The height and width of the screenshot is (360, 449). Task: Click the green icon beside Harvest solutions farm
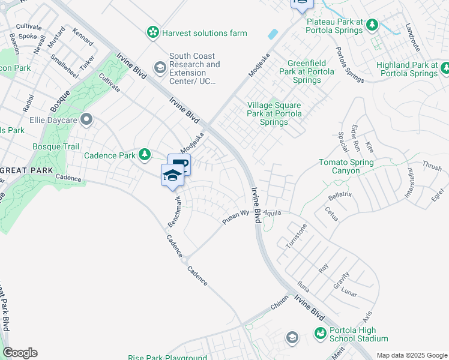pos(154,32)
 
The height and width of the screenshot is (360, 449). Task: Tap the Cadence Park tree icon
pos(144,155)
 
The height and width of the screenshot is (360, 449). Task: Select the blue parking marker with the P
pos(179,164)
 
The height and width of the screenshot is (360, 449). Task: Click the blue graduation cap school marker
pos(172,175)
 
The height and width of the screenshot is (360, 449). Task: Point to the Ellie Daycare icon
pos(86,119)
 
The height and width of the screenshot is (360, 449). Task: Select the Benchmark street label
pos(173,211)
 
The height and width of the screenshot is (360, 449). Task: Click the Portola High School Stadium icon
pos(321,332)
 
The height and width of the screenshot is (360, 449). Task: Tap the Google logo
pos(20,353)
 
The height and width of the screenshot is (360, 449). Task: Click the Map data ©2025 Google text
pos(411,355)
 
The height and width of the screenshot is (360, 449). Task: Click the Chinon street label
pos(279,305)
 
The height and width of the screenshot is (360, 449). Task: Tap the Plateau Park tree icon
pos(372,24)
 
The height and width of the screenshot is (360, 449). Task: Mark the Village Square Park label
pos(274,113)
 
